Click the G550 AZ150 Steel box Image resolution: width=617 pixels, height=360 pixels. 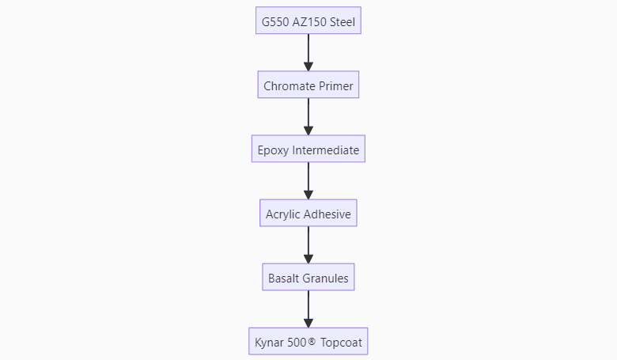point(308,21)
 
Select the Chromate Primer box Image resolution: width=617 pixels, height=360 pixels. point(308,85)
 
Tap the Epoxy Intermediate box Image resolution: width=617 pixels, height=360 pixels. point(308,149)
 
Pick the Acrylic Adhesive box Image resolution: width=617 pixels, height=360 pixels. point(308,214)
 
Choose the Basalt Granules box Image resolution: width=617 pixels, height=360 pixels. point(308,278)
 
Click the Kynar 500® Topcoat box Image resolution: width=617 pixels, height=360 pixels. point(308,343)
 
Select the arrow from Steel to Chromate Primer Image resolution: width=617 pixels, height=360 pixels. point(308,53)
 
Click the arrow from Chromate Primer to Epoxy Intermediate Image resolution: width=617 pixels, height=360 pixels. point(308,117)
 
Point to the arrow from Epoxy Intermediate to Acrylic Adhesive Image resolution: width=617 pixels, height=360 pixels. point(308,181)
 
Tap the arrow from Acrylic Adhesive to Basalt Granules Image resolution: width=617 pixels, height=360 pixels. point(308,245)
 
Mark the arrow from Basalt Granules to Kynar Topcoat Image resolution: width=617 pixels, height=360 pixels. point(308,310)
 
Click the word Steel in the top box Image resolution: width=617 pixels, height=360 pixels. point(341,21)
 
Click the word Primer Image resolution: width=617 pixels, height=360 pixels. point(335,85)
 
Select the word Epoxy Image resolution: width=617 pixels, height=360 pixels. point(274,150)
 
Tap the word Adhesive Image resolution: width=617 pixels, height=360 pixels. point(327,214)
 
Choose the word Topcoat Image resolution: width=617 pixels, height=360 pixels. point(342,343)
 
